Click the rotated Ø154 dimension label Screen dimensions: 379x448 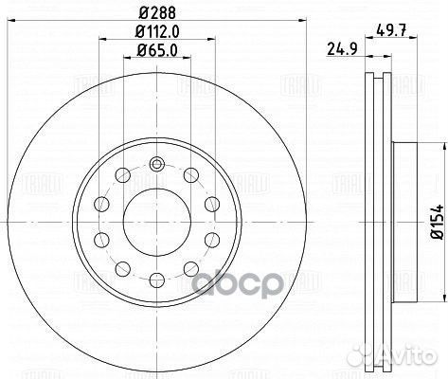tap(438, 220)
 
